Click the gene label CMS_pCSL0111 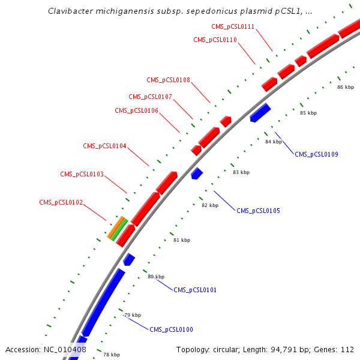(x=233, y=26)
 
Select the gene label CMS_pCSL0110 (x=215, y=40)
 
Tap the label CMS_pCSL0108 (x=168, y=80)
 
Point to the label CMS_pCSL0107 (x=150, y=97)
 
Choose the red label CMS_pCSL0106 (x=136, y=110)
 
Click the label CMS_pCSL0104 (x=104, y=146)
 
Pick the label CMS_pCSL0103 (x=82, y=174)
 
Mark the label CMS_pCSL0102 (x=61, y=202)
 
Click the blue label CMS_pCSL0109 (x=316, y=154)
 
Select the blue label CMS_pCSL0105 (x=258, y=211)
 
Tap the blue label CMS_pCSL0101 (x=195, y=290)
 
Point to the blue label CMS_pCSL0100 (x=171, y=329)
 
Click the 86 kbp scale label (x=346, y=87)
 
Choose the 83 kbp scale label (x=241, y=172)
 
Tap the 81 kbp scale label (x=182, y=240)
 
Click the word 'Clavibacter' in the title (x=70, y=11)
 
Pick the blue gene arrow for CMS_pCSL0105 (x=197, y=173)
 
